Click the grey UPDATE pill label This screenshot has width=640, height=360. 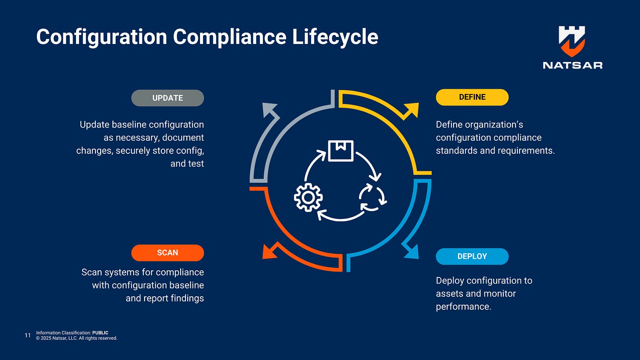[167, 98]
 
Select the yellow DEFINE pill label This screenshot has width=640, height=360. [472, 97]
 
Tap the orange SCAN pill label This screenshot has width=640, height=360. [167, 253]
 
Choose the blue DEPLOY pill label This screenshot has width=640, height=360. [472, 256]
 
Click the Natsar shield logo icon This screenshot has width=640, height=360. [572, 41]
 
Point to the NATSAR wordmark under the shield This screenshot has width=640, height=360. [572, 65]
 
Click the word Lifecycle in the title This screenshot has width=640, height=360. [335, 37]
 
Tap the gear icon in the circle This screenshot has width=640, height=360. [308, 197]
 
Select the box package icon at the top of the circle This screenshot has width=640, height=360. [341, 150]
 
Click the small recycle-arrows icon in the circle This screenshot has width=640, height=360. [372, 197]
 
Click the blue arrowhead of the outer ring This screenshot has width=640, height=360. [411, 251]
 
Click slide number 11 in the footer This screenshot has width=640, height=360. [28, 336]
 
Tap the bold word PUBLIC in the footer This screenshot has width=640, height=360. [100, 333]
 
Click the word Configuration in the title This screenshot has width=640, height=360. [102, 37]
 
